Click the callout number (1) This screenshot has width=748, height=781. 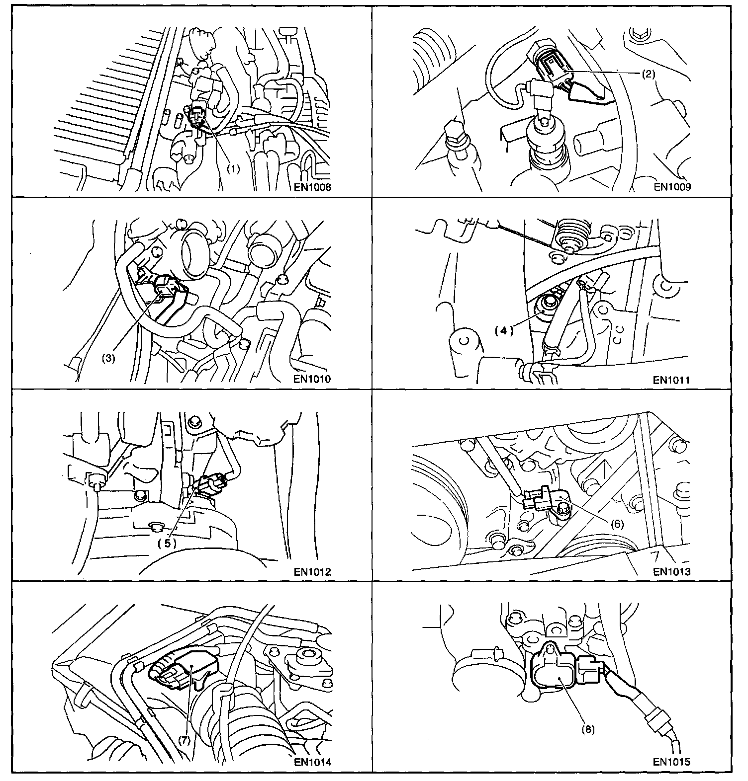tap(233, 168)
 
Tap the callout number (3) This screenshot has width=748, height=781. tap(108, 358)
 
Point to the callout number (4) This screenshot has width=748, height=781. tap(503, 330)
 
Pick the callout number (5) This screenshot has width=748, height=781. tap(168, 543)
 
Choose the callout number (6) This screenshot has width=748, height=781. tap(616, 524)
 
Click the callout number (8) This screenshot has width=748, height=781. tap(588, 729)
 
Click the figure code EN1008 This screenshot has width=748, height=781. tap(312, 187)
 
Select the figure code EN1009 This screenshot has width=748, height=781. tap(672, 187)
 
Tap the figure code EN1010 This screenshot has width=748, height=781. tap(312, 380)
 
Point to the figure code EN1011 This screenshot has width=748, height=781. tap(672, 380)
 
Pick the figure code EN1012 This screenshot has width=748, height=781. tap(312, 571)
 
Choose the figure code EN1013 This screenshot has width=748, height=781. tap(672, 571)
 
